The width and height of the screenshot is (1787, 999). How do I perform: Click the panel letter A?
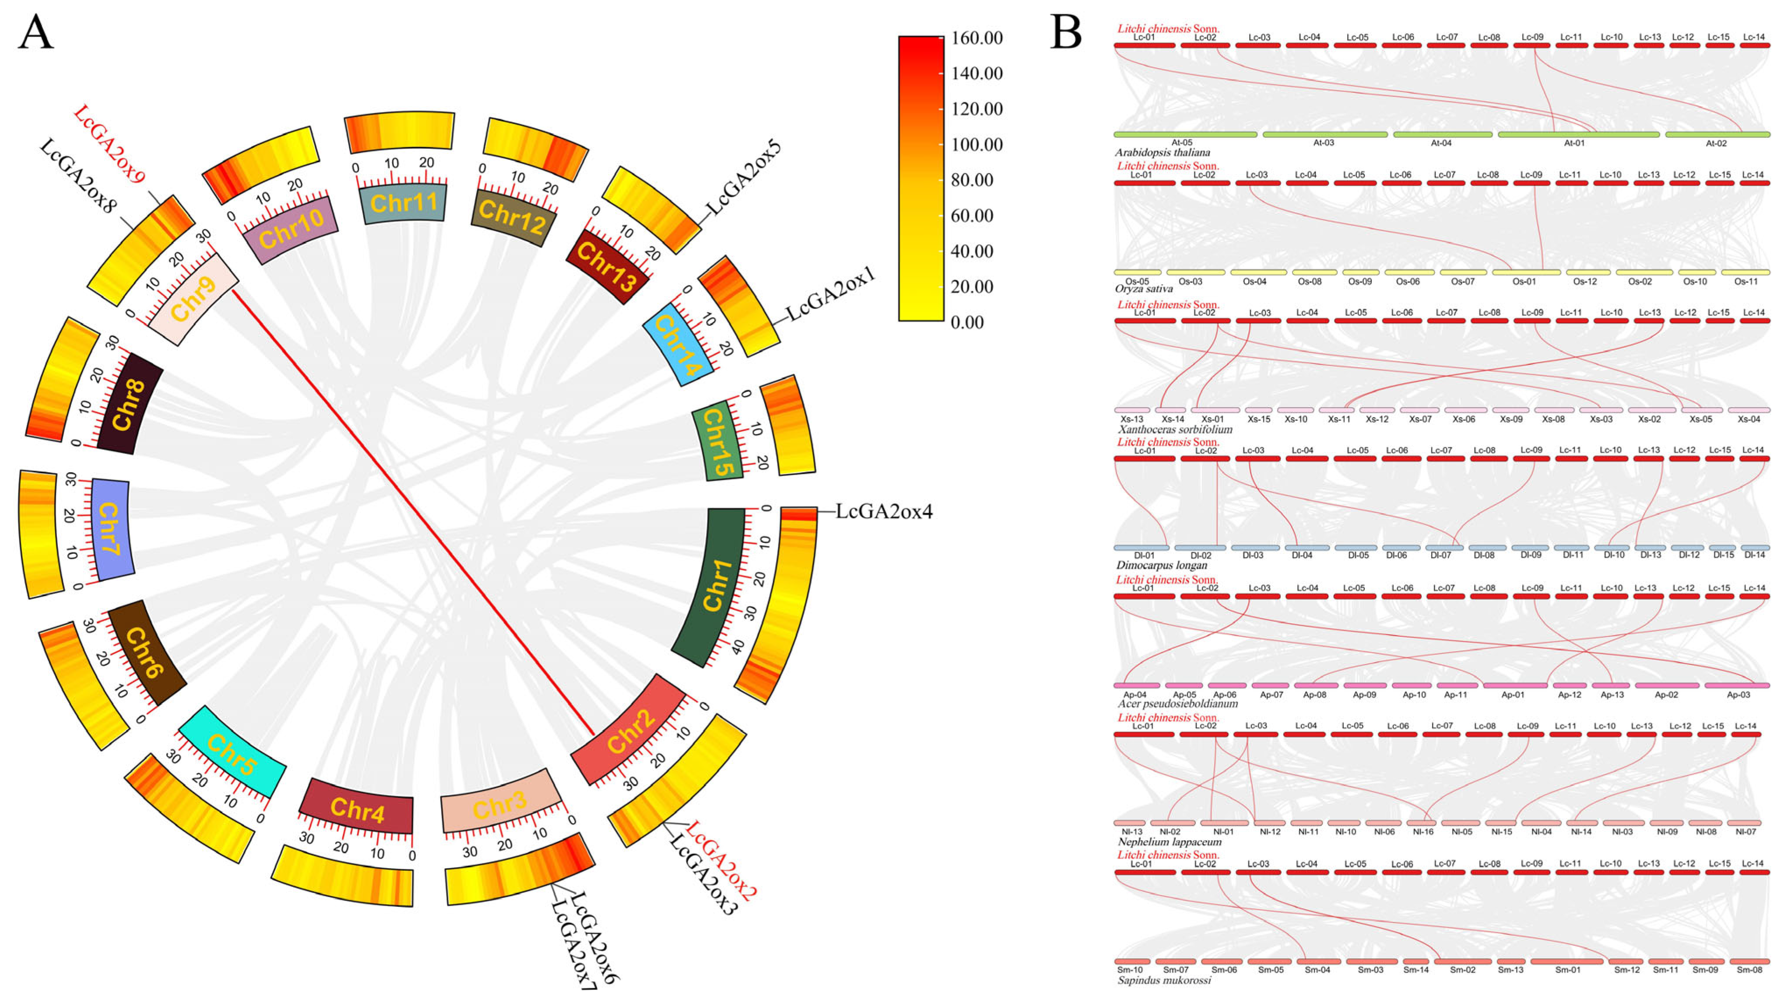point(35,32)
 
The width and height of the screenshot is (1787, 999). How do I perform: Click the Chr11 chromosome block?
point(404,203)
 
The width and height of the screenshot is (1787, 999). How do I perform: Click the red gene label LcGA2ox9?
point(109,144)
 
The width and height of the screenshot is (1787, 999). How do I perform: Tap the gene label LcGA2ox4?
point(883,512)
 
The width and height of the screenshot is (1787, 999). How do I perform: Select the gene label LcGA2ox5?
point(744,178)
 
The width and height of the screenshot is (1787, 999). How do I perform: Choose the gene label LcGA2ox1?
point(831,295)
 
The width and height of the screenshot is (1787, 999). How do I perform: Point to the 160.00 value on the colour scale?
point(977,38)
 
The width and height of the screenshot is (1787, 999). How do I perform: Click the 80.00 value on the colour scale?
point(977,180)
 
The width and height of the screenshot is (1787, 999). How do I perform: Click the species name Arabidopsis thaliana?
point(1162,153)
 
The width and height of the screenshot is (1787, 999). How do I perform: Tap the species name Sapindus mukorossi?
point(1164,980)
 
